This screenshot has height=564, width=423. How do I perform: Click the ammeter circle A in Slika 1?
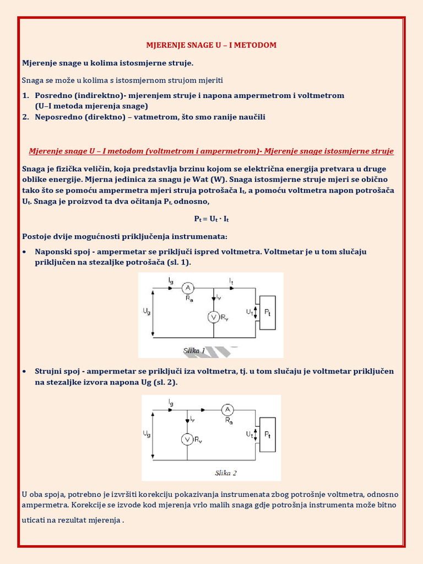click(187, 288)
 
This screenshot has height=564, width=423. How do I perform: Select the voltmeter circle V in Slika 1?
click(213, 317)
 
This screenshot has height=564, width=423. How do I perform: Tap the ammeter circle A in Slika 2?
click(227, 410)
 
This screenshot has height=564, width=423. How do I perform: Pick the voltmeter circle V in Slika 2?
click(187, 439)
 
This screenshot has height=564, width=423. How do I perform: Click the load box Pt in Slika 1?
click(267, 312)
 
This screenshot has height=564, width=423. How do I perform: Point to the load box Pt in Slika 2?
click(267, 435)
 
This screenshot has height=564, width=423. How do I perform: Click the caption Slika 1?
click(194, 350)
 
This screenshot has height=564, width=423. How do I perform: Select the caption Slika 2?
click(226, 473)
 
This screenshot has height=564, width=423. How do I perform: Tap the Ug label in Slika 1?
click(146, 312)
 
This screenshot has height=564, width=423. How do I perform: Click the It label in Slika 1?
click(231, 281)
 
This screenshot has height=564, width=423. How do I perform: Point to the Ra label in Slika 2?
click(229, 420)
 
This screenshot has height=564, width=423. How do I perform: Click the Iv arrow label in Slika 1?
click(219, 297)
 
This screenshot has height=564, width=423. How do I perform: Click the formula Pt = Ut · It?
click(211, 219)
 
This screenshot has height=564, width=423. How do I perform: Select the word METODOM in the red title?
click(255, 45)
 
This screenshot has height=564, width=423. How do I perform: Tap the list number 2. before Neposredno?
click(25, 117)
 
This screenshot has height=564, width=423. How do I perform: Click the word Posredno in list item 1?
click(51, 95)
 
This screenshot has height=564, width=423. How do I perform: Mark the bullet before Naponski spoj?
click(25, 252)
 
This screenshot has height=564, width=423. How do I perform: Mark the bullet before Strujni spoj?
click(25, 372)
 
